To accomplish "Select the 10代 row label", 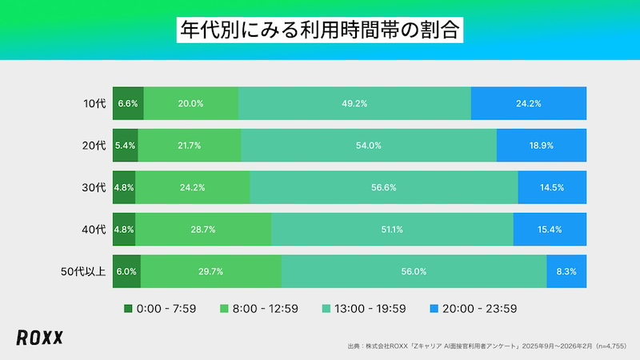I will point(94,103).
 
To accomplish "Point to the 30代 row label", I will point(94,187).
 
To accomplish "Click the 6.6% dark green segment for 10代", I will point(128,103).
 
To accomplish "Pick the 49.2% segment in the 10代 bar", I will point(354,103).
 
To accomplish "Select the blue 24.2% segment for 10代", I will point(529,103).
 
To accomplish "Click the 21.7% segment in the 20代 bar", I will point(190,146).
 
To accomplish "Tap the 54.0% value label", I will point(369,146).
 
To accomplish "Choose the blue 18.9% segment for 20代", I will point(542,146).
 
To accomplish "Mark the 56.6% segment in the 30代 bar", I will point(384,187).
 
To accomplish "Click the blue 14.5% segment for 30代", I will point(552,187).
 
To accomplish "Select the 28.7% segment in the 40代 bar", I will point(203,230).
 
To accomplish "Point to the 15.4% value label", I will point(550,230).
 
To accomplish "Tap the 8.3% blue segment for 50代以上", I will point(566,271).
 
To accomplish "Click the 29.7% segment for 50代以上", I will point(210,271).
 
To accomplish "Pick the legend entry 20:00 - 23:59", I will point(471,308).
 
